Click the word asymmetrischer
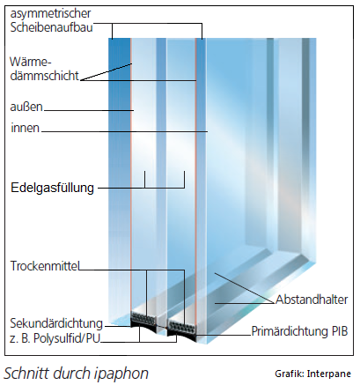pos(50,14)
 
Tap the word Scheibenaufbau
pos(52,27)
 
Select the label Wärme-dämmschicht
pos(45,69)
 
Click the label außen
pos(26,107)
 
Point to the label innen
pos(26,128)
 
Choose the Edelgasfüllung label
pos(52,188)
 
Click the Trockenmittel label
pos(45,266)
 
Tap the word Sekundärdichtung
pos(56,323)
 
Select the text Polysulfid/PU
pos(67,338)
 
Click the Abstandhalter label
pos(312,300)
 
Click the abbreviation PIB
pos(340,331)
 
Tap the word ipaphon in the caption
pos(121,374)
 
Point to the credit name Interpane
pos(329,374)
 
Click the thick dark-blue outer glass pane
pos(120,176)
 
